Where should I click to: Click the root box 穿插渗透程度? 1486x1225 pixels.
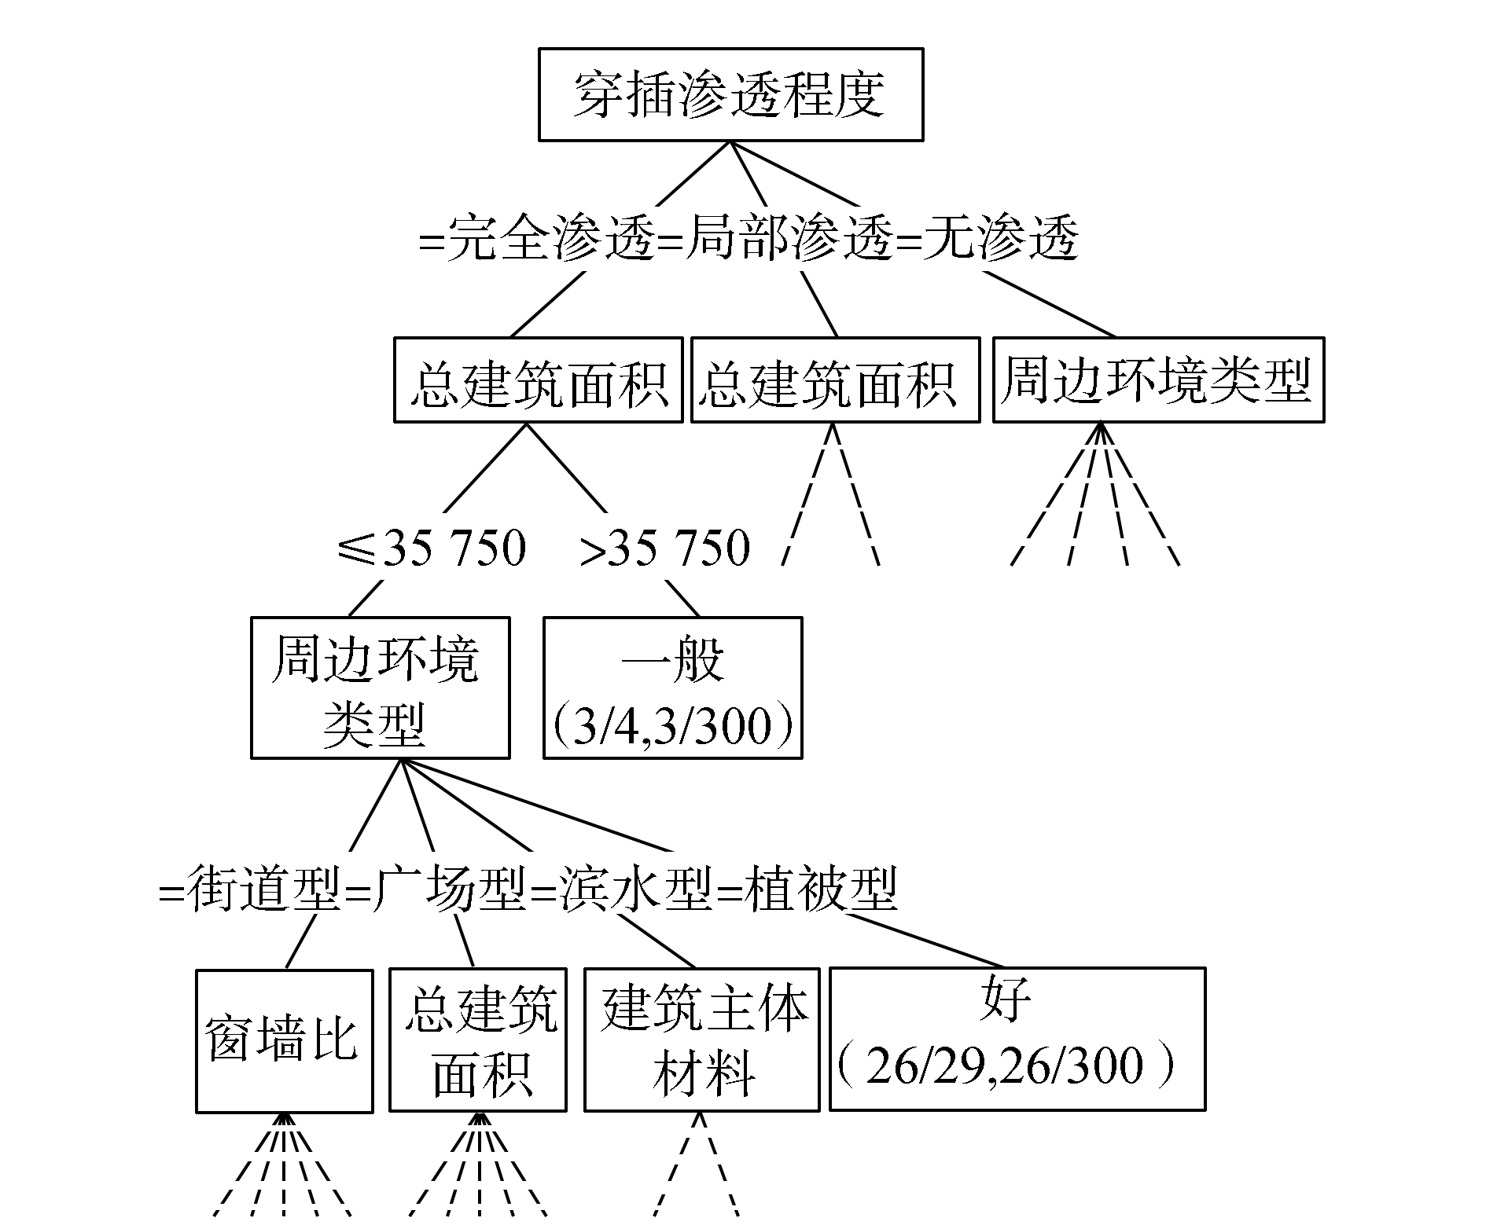click(x=730, y=95)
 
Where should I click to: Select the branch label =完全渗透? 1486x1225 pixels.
click(x=537, y=238)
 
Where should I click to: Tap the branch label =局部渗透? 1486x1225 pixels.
click(x=776, y=238)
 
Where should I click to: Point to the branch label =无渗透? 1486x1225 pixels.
click(x=988, y=238)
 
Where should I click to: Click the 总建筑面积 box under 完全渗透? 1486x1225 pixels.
click(x=538, y=381)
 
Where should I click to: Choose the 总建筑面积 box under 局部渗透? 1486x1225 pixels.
click(x=835, y=381)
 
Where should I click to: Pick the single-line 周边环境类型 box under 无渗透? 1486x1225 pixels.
click(x=1158, y=380)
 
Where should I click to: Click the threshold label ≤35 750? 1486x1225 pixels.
click(x=431, y=548)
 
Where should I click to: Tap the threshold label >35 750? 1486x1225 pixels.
click(x=664, y=548)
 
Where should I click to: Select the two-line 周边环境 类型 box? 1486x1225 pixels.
click(x=380, y=688)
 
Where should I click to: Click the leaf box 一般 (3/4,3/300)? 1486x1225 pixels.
click(x=672, y=688)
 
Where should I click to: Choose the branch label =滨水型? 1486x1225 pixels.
click(x=624, y=890)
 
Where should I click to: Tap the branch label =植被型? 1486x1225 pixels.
click(x=809, y=890)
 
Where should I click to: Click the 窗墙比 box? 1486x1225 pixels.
click(x=284, y=1040)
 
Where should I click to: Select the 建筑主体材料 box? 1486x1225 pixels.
click(x=701, y=1040)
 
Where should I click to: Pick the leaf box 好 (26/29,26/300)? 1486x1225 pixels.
click(x=1017, y=1039)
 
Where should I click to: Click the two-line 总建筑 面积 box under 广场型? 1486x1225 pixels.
click(x=477, y=1040)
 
